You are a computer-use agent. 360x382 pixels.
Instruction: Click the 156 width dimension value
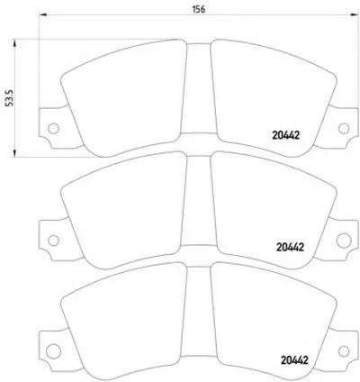[199, 9]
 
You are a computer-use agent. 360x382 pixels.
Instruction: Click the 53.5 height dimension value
[10, 97]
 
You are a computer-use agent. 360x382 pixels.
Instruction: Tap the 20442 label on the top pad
[285, 136]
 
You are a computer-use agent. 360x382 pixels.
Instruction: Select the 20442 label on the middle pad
[290, 247]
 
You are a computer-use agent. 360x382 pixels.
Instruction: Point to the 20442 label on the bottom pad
[294, 360]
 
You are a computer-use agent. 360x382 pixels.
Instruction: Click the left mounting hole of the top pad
[53, 129]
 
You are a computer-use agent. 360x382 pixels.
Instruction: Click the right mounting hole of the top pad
[344, 129]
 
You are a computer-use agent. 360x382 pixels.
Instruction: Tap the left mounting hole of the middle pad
[53, 241]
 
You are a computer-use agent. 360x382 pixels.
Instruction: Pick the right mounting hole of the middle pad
[344, 241]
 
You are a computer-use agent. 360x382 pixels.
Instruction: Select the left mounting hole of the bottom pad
[54, 351]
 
